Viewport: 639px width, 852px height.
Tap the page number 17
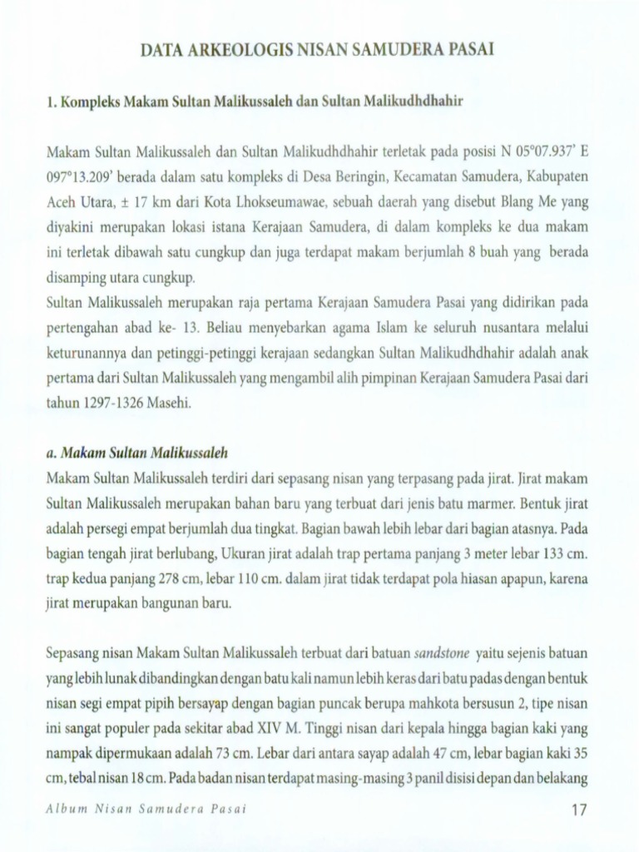point(581,810)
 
